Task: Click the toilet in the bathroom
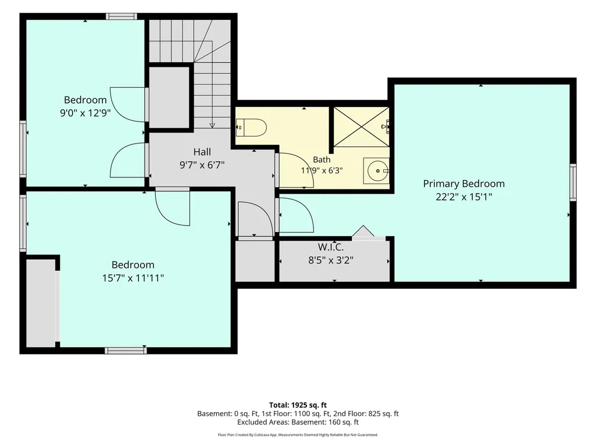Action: [x=251, y=127]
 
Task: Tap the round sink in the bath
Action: [x=376, y=171]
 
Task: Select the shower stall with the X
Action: [x=361, y=127]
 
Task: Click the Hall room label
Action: [x=202, y=152]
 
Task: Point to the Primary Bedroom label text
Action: [x=464, y=184]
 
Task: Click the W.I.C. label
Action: [x=331, y=247]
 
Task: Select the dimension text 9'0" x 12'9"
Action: [x=85, y=113]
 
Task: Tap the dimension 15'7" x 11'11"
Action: [x=133, y=278]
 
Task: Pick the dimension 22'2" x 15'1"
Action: [x=464, y=197]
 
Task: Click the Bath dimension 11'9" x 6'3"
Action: [x=322, y=170]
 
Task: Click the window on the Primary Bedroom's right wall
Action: [x=573, y=183]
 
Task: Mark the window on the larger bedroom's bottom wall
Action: [x=126, y=351]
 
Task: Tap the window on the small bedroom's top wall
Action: [x=122, y=16]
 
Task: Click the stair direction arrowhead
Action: [x=212, y=126]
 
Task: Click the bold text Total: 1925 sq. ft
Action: [x=298, y=405]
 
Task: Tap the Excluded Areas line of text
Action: [x=298, y=422]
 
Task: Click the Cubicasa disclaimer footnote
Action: [x=298, y=435]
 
